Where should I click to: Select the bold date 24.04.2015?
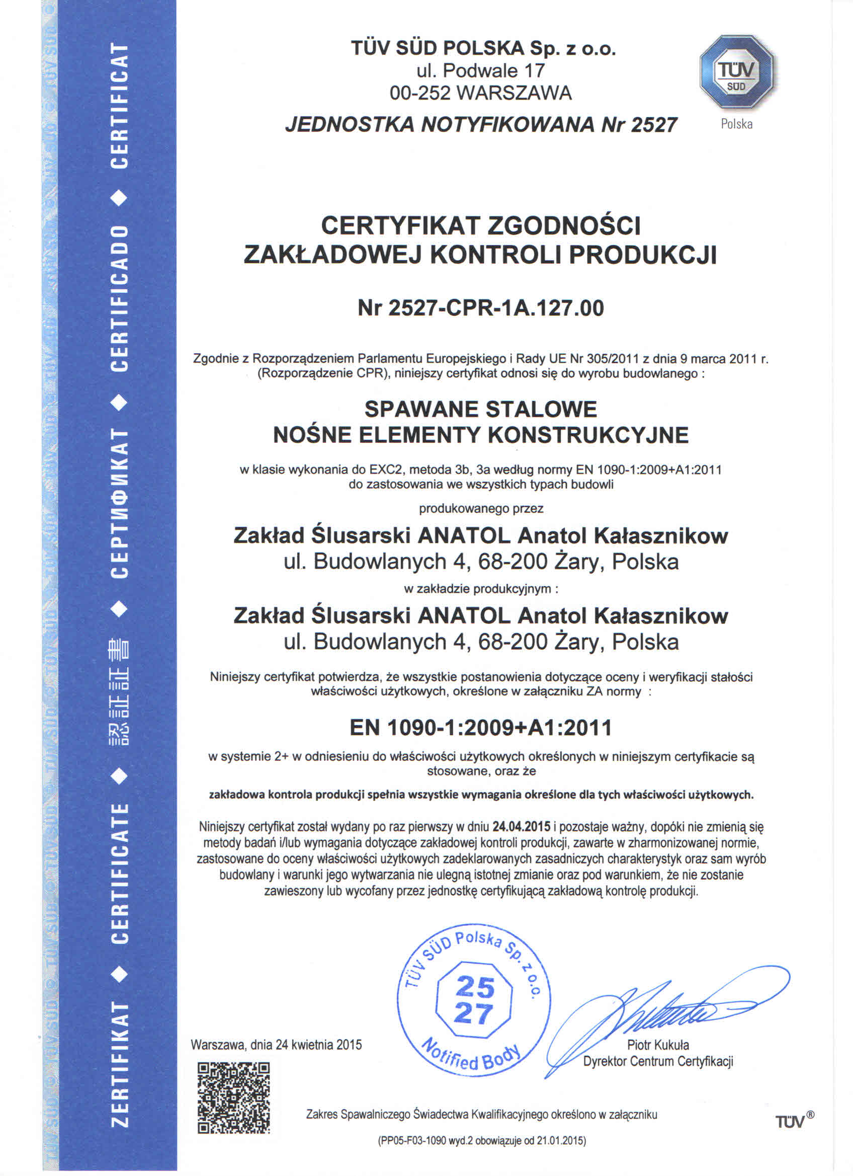[522, 826]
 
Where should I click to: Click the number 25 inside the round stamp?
[475, 987]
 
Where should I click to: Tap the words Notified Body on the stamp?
[471, 1055]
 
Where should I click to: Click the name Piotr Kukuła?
[658, 1045]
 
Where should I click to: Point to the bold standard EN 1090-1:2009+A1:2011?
[480, 728]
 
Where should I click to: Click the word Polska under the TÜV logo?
[736, 124]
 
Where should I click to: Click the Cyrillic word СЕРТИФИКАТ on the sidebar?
[120, 503]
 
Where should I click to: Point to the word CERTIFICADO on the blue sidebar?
[120, 298]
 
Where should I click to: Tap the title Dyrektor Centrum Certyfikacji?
[658, 1061]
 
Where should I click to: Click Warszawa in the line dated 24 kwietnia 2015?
[218, 1044]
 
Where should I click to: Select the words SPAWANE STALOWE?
[480, 409]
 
